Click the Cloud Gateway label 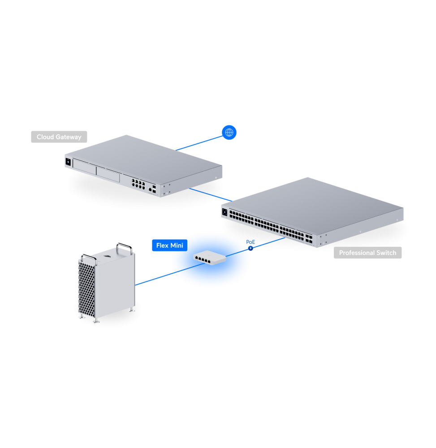(x=59, y=137)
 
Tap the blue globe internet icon (x=229, y=132)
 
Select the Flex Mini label (x=169, y=246)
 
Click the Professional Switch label (x=367, y=253)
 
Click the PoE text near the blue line (x=250, y=242)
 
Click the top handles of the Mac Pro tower (x=123, y=248)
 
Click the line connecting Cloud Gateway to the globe (x=199, y=142)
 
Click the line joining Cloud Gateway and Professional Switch (x=211, y=195)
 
